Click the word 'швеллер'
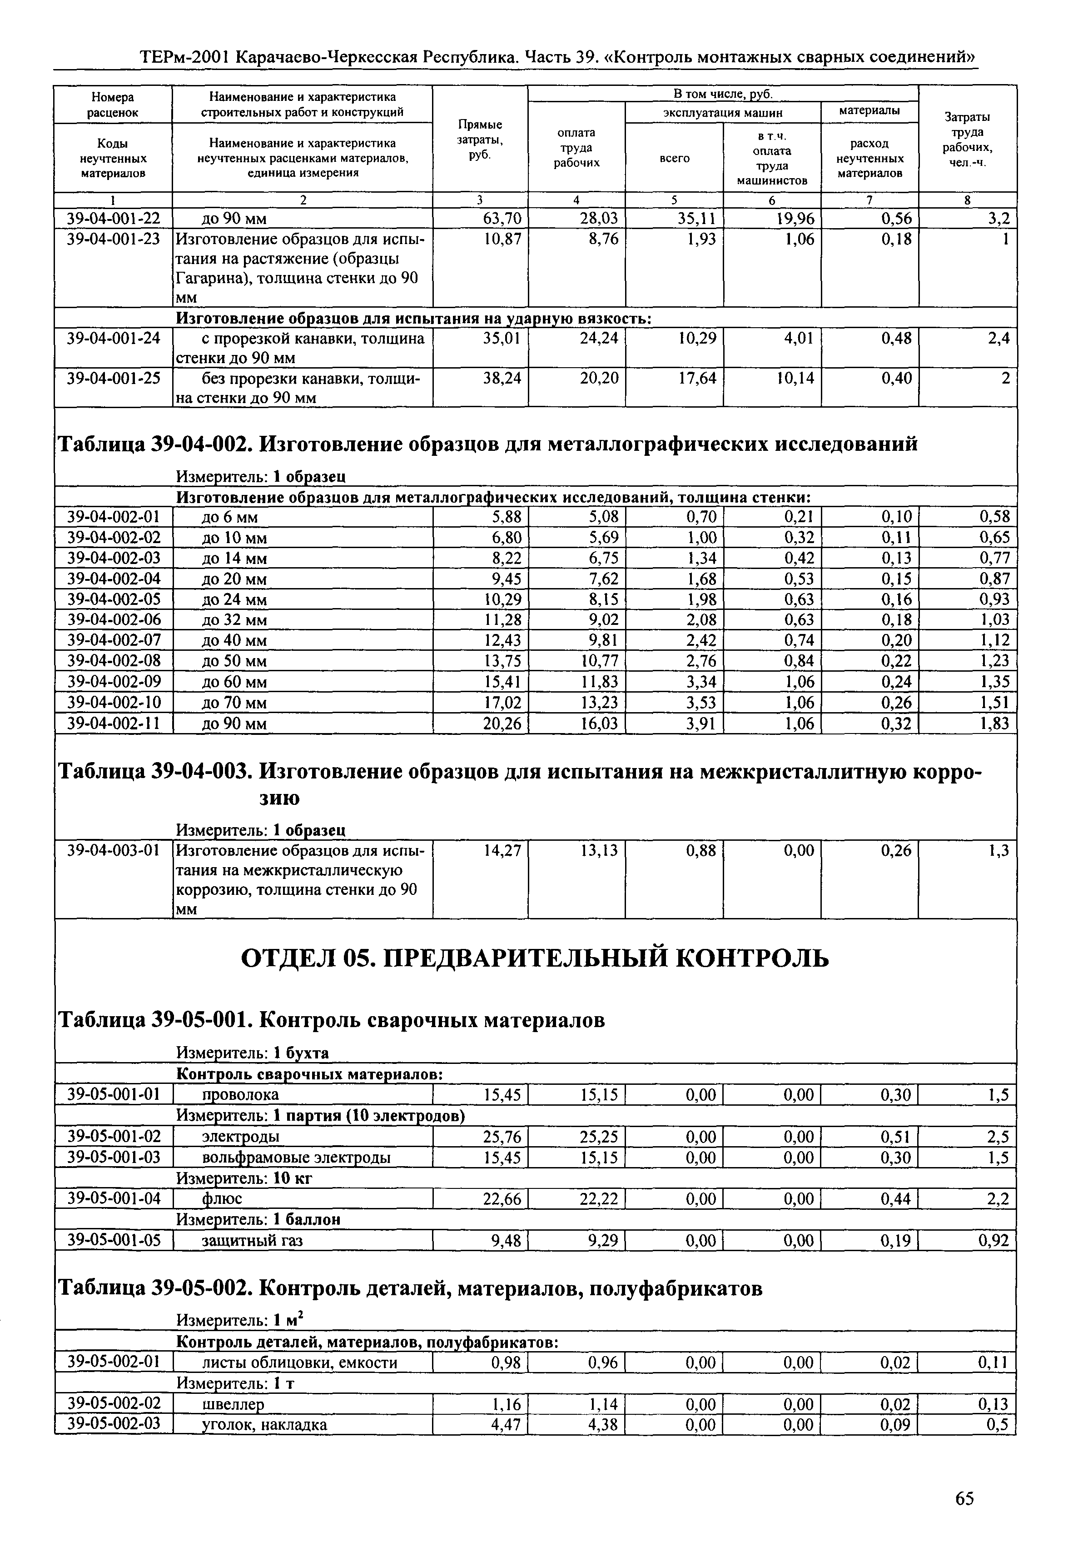pyautogui.click(x=233, y=1404)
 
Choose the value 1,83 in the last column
pyautogui.click(x=994, y=724)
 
